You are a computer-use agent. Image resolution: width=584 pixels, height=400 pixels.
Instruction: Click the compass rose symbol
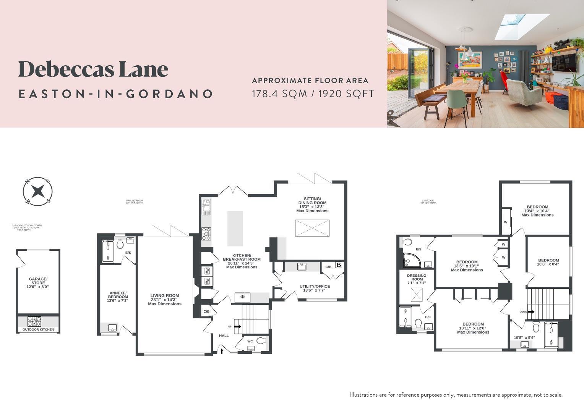[37, 191]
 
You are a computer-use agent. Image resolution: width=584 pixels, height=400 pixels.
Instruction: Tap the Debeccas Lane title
[93, 69]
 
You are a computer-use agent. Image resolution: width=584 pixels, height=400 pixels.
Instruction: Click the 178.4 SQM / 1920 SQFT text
[313, 94]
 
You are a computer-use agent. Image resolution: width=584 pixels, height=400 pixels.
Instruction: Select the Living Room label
[165, 299]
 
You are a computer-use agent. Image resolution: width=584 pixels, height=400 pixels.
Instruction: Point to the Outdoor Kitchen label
[38, 329]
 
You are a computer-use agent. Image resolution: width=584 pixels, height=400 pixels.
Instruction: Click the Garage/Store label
[38, 282]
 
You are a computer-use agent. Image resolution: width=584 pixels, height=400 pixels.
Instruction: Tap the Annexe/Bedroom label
[118, 297]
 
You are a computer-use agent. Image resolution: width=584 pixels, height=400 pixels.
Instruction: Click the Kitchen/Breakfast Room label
[242, 261]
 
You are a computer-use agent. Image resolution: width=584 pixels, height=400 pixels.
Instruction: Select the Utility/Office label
[315, 288]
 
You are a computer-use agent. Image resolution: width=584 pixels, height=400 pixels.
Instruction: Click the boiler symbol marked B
[338, 265]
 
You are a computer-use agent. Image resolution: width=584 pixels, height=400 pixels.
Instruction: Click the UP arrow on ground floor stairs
[237, 326]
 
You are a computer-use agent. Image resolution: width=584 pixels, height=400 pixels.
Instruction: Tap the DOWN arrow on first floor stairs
[531, 311]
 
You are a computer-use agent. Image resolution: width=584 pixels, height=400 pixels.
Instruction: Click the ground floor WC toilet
[261, 340]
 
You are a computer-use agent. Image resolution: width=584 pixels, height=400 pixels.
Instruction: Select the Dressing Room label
[417, 279]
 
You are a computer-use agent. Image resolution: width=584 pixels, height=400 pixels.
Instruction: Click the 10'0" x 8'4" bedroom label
[548, 262]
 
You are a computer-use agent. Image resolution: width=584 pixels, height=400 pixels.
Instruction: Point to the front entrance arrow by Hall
[222, 350]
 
